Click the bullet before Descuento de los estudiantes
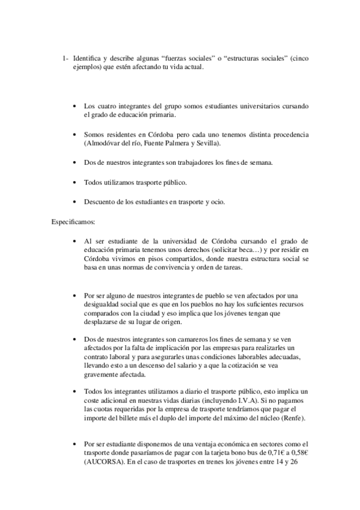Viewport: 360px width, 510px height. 74,201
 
